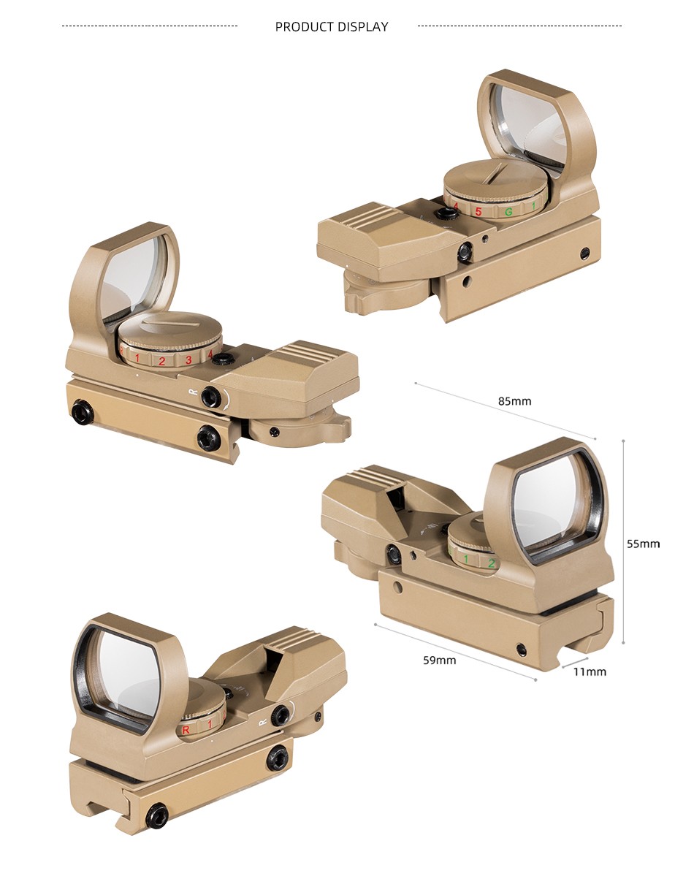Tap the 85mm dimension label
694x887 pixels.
click(514, 401)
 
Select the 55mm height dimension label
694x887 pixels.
click(644, 544)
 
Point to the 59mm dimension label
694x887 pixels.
click(439, 660)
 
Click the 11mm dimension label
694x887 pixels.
click(590, 671)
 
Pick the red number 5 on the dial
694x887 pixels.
click(478, 212)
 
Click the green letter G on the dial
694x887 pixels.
click(508, 212)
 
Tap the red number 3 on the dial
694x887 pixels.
click(188, 359)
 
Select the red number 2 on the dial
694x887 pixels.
click(162, 361)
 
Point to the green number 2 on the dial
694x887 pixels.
click(492, 564)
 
